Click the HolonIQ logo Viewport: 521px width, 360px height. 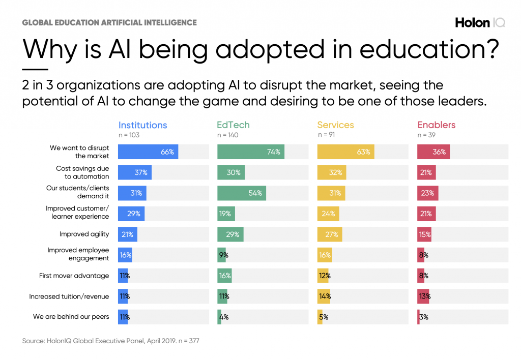point(480,22)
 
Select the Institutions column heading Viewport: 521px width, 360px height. point(142,125)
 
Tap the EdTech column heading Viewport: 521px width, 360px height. point(234,125)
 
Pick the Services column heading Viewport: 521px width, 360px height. point(335,125)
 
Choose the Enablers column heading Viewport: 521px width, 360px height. point(437,125)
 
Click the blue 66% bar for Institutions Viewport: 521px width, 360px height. point(148,152)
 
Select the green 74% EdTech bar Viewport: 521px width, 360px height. point(251,152)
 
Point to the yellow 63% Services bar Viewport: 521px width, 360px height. point(346,152)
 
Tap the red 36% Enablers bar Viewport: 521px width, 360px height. point(433,152)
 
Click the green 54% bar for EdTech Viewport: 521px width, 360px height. point(241,193)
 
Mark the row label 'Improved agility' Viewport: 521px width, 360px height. point(84,234)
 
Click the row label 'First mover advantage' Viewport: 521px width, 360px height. point(74,276)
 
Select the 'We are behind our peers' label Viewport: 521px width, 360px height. point(71,317)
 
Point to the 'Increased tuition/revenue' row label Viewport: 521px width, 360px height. point(69,296)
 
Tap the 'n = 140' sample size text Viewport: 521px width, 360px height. point(227,135)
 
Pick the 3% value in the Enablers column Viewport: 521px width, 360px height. point(423,317)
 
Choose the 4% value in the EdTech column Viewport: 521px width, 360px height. point(223,317)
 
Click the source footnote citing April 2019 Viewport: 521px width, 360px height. point(110,341)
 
